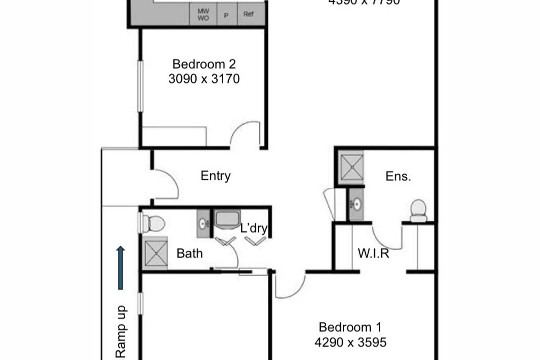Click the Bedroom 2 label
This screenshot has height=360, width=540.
click(x=204, y=64)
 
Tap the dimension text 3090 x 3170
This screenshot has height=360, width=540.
click(x=204, y=79)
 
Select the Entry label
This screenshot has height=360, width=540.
click(x=216, y=176)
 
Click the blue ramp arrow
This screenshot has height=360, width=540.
click(x=121, y=267)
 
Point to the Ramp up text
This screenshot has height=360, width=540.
click(x=121, y=331)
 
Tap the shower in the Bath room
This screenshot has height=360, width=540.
click(x=155, y=253)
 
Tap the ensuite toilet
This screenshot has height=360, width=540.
click(x=418, y=211)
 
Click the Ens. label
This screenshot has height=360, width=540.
click(x=398, y=176)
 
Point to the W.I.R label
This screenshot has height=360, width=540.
click(x=373, y=254)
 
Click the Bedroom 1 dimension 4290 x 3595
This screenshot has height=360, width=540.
click(x=351, y=342)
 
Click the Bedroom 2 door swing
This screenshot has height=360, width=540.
click(x=245, y=134)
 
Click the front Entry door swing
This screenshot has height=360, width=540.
click(x=166, y=184)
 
